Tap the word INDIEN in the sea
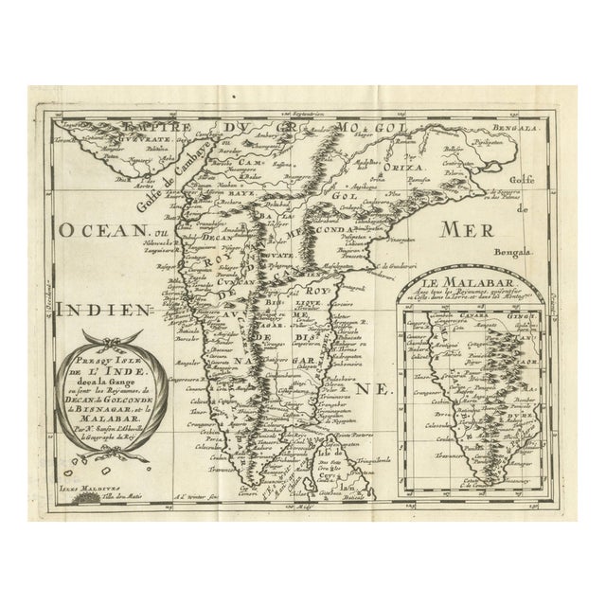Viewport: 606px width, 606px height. click(99, 310)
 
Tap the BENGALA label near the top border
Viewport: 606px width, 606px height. click(518, 125)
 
